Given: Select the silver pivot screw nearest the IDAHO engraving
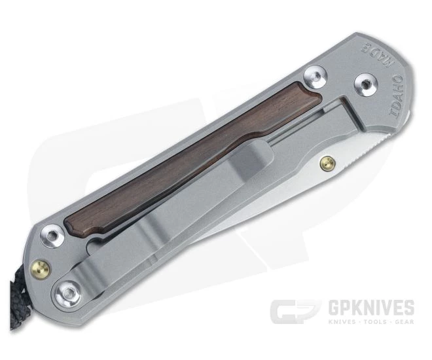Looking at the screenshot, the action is [x=365, y=83].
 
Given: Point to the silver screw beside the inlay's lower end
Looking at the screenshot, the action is [x=51, y=236].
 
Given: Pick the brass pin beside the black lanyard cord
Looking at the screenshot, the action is [x=40, y=267].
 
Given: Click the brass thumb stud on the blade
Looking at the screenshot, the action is [x=328, y=162].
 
